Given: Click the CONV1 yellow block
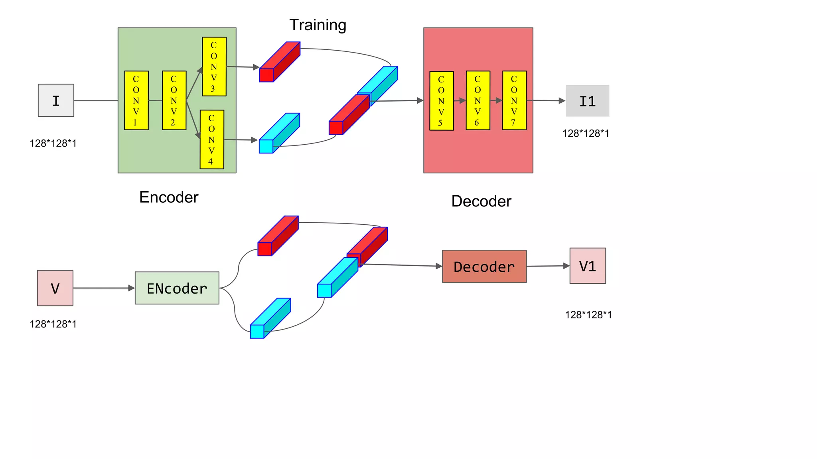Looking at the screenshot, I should (136, 100).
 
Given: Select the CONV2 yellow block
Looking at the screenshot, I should (174, 100).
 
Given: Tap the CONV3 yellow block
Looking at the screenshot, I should (214, 67).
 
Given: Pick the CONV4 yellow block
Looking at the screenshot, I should (212, 139).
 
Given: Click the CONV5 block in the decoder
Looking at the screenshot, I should (441, 101).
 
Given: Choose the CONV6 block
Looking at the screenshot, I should (478, 100).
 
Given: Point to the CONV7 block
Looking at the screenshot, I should (514, 100).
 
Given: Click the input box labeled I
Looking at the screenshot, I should (56, 100).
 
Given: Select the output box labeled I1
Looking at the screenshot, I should (587, 101).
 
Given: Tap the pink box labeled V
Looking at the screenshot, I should (55, 288).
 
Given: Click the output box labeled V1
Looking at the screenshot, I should (588, 266).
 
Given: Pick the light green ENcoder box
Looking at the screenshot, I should (177, 288).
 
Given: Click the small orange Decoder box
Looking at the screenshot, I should (484, 267).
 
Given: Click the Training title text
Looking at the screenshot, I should (318, 25).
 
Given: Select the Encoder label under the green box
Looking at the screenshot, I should (169, 197).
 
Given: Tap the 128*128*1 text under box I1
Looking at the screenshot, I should (586, 133).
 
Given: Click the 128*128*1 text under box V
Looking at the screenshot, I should (53, 324).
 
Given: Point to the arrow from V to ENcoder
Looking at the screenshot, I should (104, 288).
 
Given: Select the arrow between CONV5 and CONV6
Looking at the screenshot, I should (460, 101).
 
